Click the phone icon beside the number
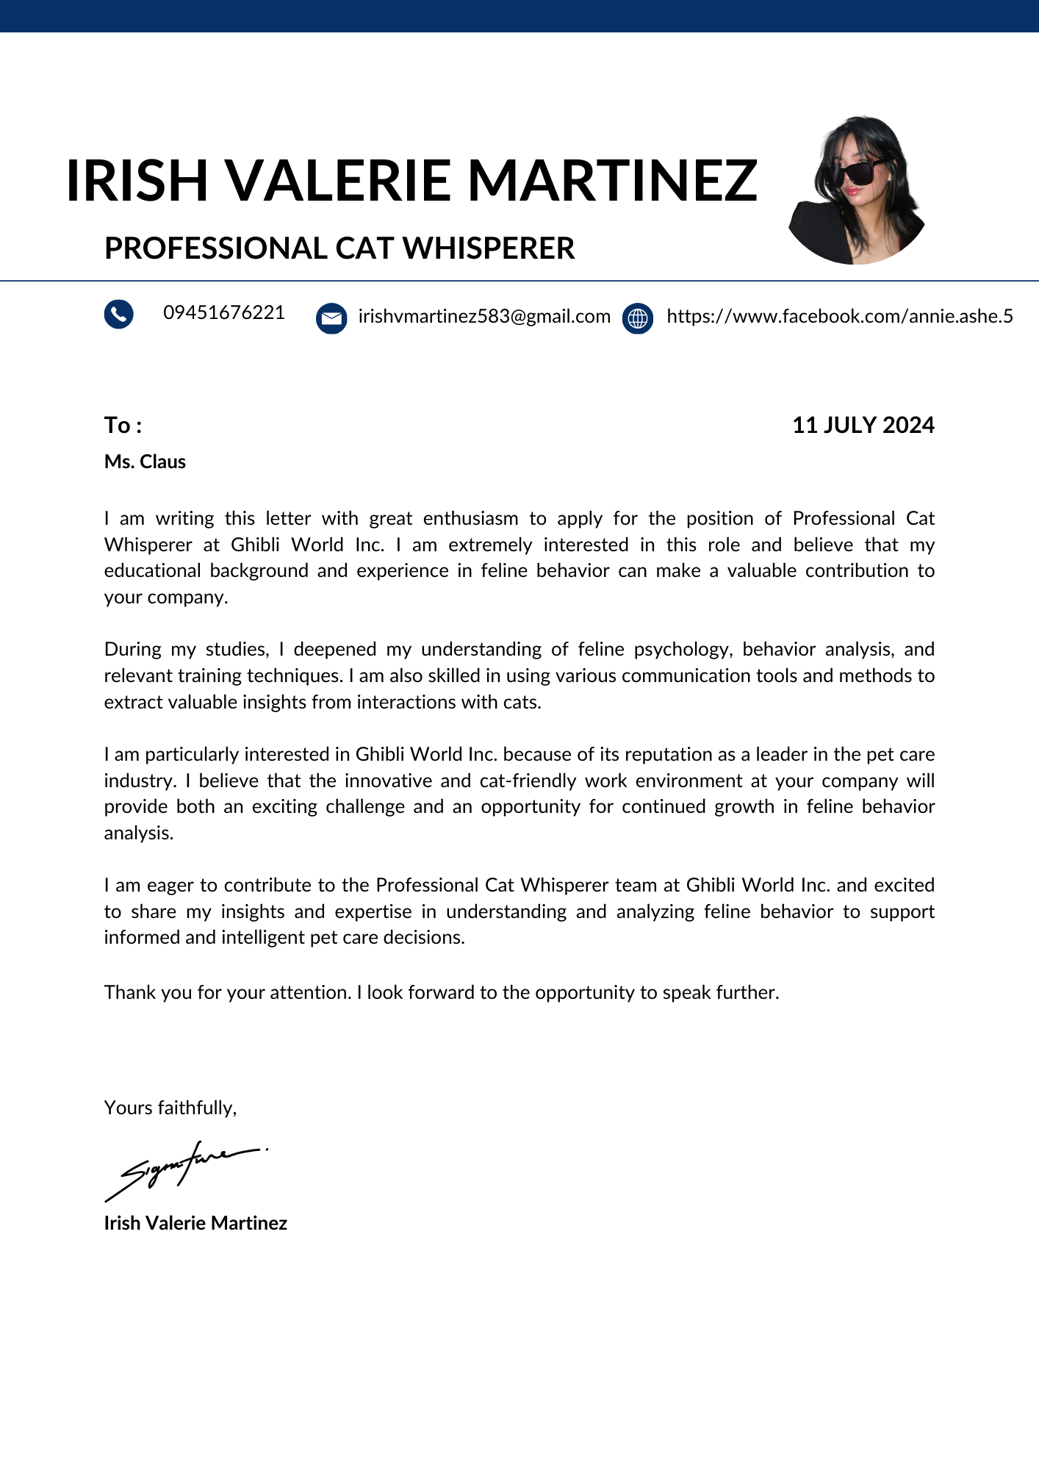tap(118, 314)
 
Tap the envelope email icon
tap(331, 318)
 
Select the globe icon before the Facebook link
tap(638, 318)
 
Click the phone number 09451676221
tap(224, 312)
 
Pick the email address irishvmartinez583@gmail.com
tap(484, 316)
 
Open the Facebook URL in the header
tap(839, 316)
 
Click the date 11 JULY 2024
tap(863, 425)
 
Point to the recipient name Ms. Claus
tap(145, 462)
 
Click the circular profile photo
tap(856, 191)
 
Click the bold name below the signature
tap(195, 1223)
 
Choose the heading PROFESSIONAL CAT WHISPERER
tap(339, 248)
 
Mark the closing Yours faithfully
tap(170, 1108)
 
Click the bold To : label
tap(123, 425)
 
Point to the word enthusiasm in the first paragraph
tap(470, 518)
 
